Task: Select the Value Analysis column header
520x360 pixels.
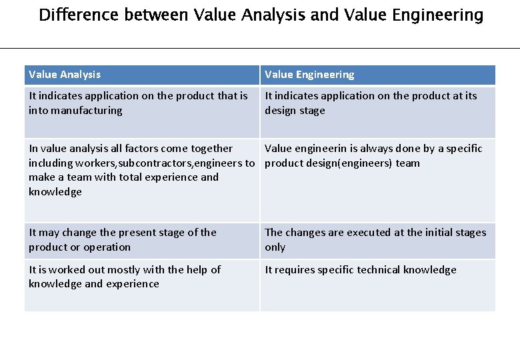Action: pos(65,75)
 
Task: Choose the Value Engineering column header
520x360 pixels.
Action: pos(309,75)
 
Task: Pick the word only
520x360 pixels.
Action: pos(275,247)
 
